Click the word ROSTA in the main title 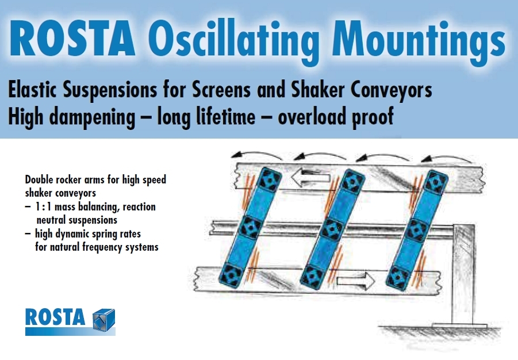[x=72, y=39]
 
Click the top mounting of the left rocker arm [x=267, y=182]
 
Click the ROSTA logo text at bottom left [x=55, y=317]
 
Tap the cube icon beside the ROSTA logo [x=103, y=318]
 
